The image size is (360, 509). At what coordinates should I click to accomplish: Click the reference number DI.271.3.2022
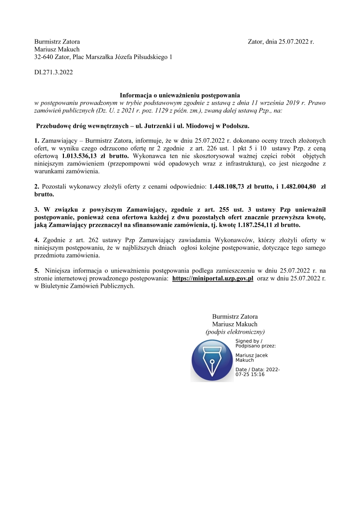pyautogui.click(x=54, y=72)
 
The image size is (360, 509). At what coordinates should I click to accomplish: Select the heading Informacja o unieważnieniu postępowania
pyautogui.click(x=180, y=96)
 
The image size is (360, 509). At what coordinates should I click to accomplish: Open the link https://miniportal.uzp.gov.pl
pyautogui.click(x=213, y=279)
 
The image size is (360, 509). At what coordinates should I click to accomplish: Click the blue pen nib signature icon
pyautogui.click(x=212, y=360)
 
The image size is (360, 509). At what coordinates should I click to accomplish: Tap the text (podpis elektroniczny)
pyautogui.click(x=235, y=332)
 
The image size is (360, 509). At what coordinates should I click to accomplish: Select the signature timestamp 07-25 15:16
pyautogui.click(x=250, y=375)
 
